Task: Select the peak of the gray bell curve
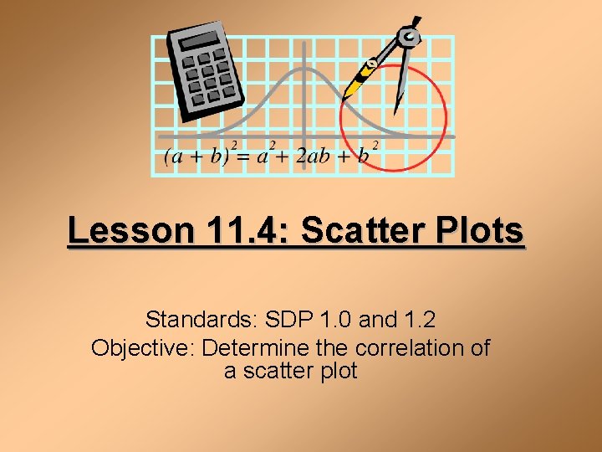point(302,69)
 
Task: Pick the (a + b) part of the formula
point(199,157)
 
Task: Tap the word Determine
point(253,347)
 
